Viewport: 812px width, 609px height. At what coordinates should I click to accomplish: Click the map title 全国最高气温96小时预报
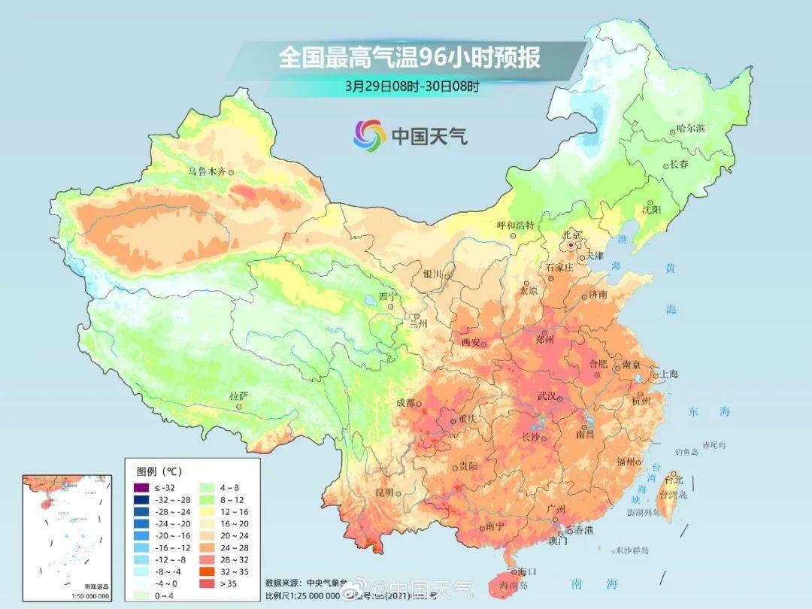pos(410,58)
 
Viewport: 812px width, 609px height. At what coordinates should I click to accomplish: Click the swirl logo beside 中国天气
pos(369,135)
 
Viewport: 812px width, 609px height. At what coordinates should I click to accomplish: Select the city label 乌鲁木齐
pos(207,171)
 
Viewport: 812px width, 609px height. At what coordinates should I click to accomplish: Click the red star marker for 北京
pos(571,245)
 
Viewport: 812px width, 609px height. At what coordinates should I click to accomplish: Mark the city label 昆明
pos(384,492)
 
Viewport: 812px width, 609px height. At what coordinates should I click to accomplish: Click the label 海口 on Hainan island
pos(527,571)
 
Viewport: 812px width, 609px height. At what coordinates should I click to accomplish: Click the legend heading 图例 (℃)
pos(159,471)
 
